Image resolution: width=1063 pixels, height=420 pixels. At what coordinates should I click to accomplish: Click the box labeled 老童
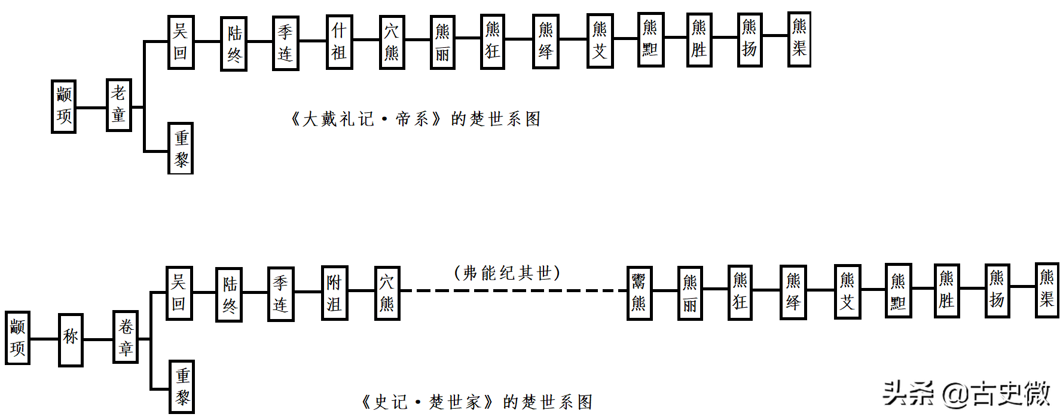pos(118,105)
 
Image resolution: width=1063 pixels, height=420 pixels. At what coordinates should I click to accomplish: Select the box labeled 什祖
pos(339,42)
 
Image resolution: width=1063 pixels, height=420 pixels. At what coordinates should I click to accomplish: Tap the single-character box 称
pos(71,339)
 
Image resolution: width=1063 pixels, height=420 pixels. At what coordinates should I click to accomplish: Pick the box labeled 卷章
pos(126,337)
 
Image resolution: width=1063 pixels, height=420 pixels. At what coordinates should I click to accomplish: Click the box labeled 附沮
pos(334,293)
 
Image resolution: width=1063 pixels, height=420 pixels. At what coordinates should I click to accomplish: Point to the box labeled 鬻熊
pos(639,293)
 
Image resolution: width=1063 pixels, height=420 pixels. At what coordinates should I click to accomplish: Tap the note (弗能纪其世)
pos(507,273)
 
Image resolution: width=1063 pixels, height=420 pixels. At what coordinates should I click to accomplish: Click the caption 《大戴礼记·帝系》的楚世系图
pos(416,119)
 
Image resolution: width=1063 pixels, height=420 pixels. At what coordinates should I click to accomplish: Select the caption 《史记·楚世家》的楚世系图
pos(476,402)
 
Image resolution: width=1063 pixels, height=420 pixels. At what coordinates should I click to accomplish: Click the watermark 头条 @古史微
pos(966,393)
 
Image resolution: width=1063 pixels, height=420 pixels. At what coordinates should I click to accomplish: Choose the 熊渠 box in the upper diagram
pos(799,39)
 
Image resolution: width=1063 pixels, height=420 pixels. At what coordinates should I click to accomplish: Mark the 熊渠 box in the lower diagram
pos(1046,290)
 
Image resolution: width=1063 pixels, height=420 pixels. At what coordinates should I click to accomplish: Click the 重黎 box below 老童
pos(181,148)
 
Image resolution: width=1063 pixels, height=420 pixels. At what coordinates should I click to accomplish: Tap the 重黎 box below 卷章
pos(182,387)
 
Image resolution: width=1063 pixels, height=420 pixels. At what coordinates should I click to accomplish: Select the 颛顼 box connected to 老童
pos(63,106)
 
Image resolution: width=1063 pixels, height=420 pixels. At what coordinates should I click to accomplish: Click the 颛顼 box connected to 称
pos(17,338)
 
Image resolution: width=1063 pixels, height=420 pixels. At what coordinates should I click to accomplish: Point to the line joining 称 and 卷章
pos(98,339)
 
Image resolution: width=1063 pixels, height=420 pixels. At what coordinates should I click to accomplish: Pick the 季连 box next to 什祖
pos(285,43)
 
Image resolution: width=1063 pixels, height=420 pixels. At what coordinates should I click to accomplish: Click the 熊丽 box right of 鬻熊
pos(690,293)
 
